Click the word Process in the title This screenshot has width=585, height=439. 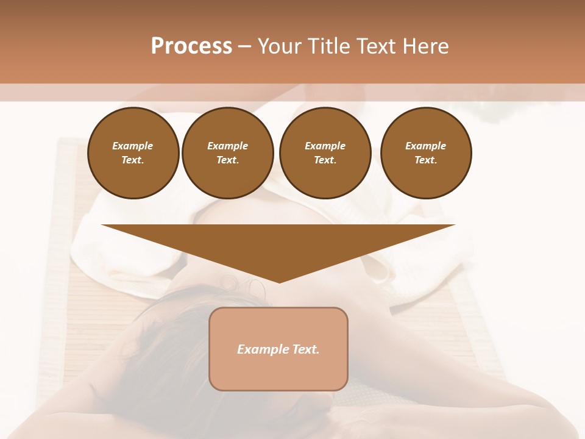pyautogui.click(x=191, y=46)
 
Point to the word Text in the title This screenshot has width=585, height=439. pyautogui.click(x=379, y=46)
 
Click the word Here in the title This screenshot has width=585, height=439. pyautogui.click(x=427, y=46)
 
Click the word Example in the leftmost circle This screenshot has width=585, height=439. pyautogui.click(x=133, y=146)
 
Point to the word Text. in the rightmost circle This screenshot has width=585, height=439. pyautogui.click(x=425, y=160)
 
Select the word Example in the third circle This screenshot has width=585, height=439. pyautogui.click(x=325, y=146)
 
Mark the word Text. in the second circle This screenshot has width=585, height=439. pyautogui.click(x=227, y=160)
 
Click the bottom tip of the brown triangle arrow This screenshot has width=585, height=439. pyautogui.click(x=279, y=281)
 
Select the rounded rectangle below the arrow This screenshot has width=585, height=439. pyautogui.click(x=278, y=372)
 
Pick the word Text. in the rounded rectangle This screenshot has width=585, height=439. pyautogui.click(x=304, y=349)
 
